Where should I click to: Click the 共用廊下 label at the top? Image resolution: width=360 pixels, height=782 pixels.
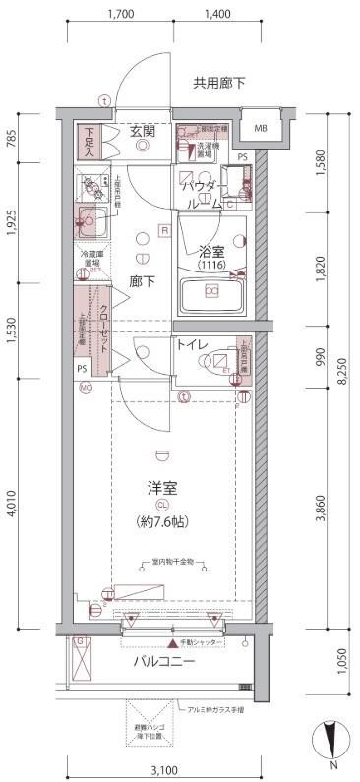pos(219,83)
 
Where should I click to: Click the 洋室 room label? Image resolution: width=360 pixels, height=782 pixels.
pos(161,487)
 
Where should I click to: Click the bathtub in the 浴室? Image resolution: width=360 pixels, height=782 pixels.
pos(212,294)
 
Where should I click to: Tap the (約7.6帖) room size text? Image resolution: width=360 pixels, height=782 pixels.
pos(162,522)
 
